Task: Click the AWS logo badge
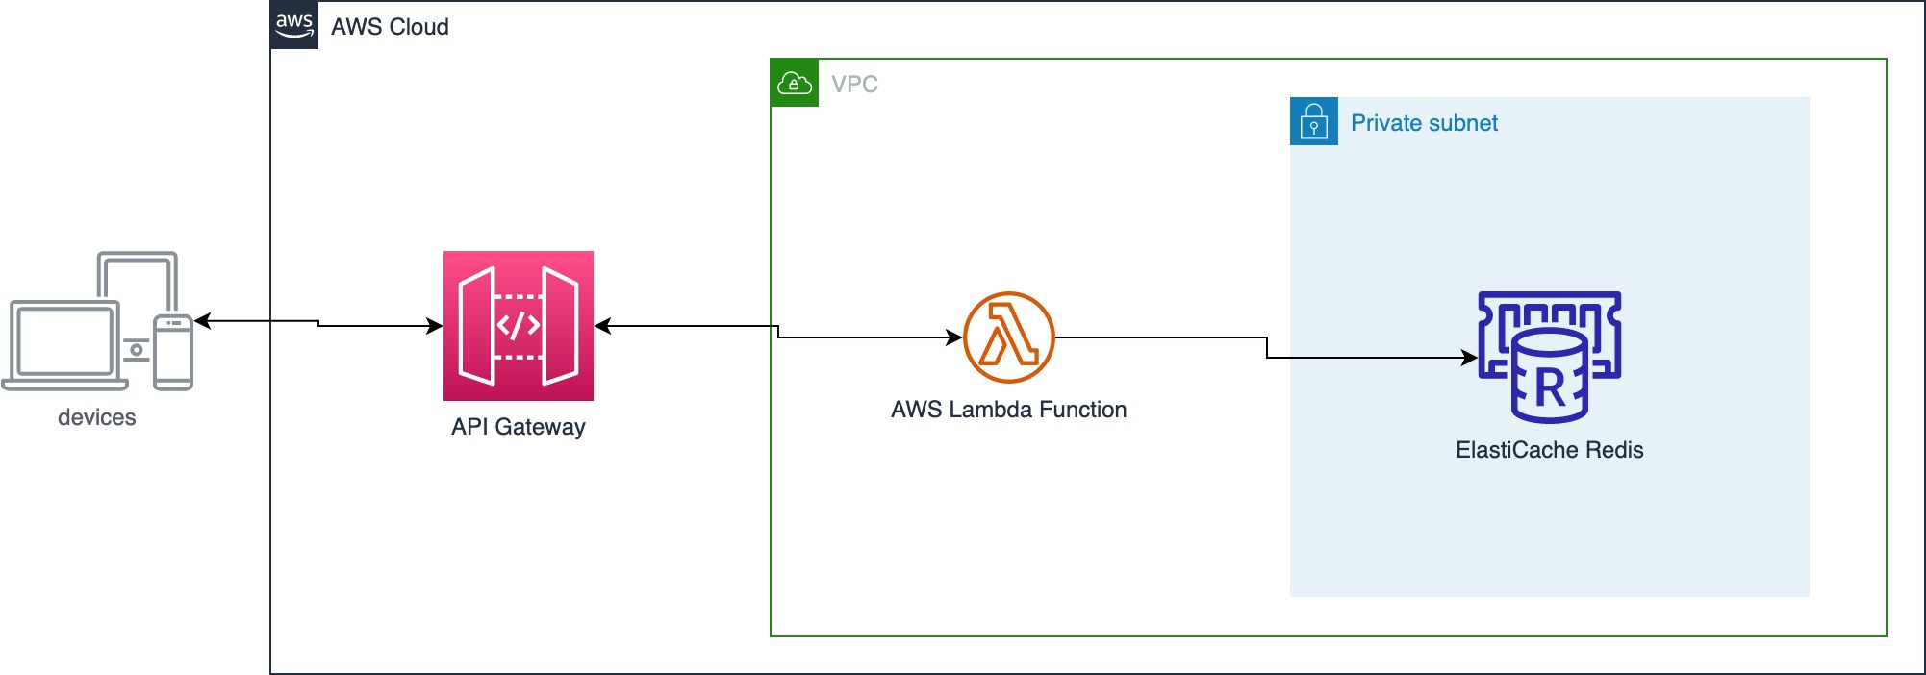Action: pyautogui.click(x=294, y=25)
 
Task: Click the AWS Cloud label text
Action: pyautogui.click(x=390, y=27)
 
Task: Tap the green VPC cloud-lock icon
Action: pyautogui.click(x=795, y=84)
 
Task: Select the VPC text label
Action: pyautogui.click(x=854, y=85)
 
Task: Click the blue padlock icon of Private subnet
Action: pyautogui.click(x=1313, y=122)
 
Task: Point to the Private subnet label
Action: pyautogui.click(x=1424, y=123)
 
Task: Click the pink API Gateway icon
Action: pyautogui.click(x=518, y=326)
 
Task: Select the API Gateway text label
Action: pyautogui.click(x=518, y=427)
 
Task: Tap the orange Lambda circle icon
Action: pyautogui.click(x=1008, y=337)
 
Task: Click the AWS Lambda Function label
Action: pyautogui.click(x=1008, y=410)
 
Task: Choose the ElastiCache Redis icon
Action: pyautogui.click(x=1549, y=357)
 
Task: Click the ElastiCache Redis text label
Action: pyautogui.click(x=1549, y=450)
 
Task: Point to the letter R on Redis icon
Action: pyautogui.click(x=1550, y=388)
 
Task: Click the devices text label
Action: pyautogui.click(x=96, y=417)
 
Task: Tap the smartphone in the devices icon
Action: pyautogui.click(x=173, y=353)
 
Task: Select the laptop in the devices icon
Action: pyautogui.click(x=64, y=344)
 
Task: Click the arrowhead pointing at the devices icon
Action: pyautogui.click(x=202, y=321)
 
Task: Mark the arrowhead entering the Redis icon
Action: pyautogui.click(x=1470, y=358)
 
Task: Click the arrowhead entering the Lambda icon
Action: pyautogui.click(x=954, y=337)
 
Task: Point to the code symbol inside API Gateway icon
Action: pyautogui.click(x=518, y=326)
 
